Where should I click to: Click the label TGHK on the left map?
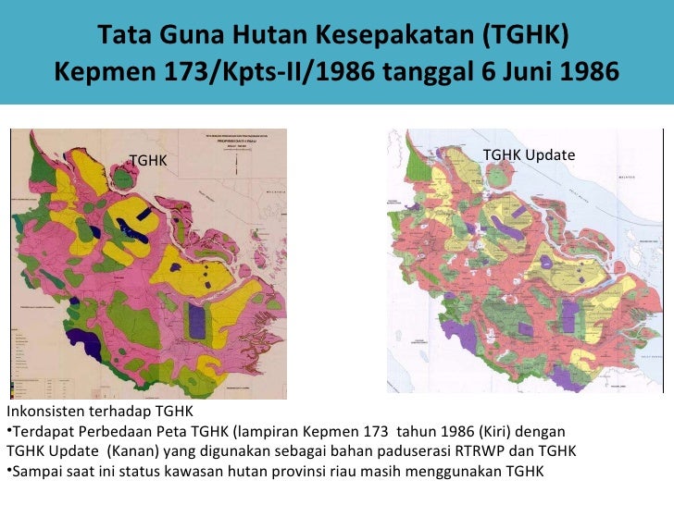click(148, 160)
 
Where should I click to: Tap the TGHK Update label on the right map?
click(529, 154)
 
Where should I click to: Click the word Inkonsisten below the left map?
click(44, 413)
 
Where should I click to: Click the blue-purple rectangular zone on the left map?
click(196, 321)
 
